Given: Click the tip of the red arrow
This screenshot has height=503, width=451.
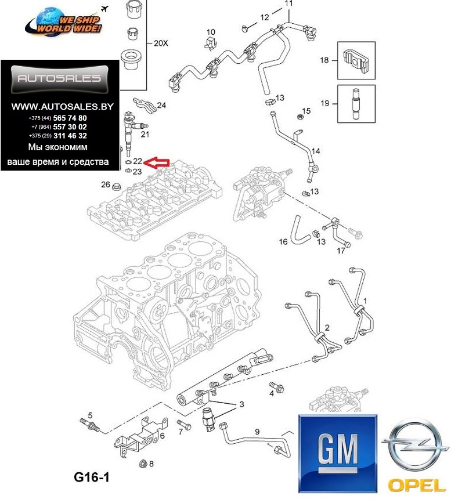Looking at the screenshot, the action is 143,162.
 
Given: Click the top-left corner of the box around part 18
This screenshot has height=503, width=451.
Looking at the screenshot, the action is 337,42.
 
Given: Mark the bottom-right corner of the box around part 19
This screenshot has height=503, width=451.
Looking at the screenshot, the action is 375,122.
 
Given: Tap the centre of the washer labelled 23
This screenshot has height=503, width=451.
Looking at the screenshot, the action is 128,170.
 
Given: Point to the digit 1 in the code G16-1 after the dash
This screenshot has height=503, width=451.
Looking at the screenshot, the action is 105,477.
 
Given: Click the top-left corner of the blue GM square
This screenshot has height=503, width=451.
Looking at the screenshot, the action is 299,415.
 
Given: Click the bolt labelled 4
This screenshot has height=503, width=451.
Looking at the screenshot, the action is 276,386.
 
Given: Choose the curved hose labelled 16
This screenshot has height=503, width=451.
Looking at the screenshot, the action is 298,229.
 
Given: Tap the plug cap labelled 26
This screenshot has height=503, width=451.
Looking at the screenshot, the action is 116,186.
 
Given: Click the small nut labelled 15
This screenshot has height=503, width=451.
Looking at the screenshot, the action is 300,116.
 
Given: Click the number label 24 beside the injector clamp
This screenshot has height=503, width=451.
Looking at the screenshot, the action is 161,105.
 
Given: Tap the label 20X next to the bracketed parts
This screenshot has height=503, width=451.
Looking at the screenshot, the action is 161,43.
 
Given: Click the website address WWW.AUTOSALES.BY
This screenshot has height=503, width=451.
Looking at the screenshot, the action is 62,107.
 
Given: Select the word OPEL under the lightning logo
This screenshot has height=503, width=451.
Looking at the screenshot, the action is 416,486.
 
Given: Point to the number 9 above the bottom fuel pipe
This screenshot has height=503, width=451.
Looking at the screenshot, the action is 257,432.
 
